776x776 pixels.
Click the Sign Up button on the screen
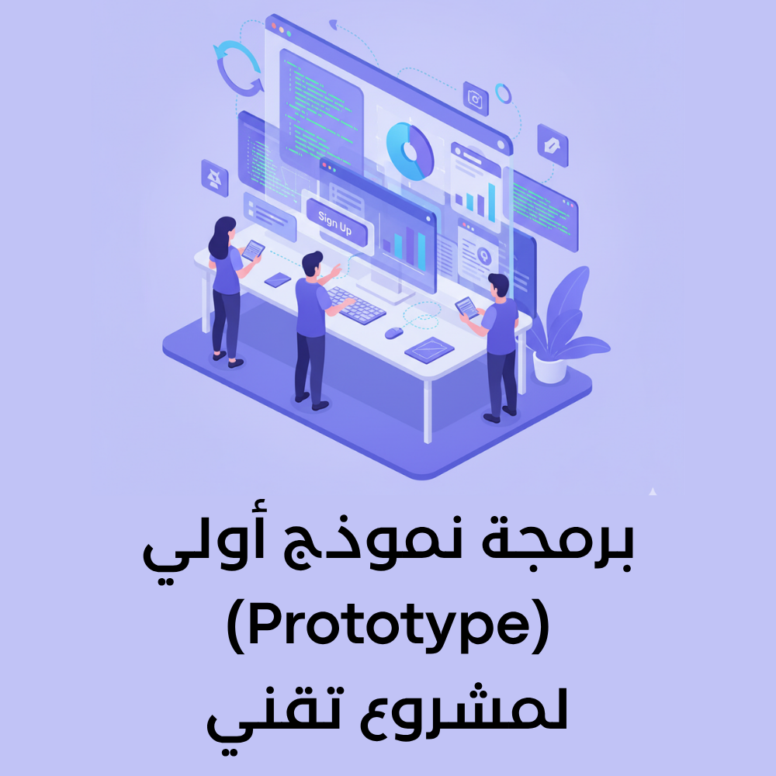(334, 222)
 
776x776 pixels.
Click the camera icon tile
(475, 98)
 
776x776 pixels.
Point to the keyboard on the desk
(356, 303)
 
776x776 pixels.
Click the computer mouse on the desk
(394, 332)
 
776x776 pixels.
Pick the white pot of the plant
(549, 366)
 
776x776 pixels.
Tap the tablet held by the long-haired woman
(253, 251)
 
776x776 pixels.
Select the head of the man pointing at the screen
(312, 264)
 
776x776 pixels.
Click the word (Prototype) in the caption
(388, 629)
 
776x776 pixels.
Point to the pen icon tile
(553, 145)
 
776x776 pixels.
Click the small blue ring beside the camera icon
(504, 94)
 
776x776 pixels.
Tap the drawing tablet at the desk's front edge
(429, 350)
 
